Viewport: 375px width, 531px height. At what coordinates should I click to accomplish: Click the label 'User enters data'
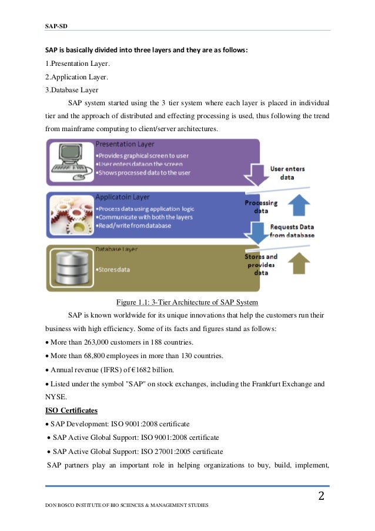coord(287,172)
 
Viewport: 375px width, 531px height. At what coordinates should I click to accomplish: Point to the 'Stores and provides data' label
coord(261,265)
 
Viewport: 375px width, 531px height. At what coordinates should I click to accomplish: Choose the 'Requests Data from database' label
coord(292,231)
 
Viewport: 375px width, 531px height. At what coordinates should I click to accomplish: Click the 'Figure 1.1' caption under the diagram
coord(187,302)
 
